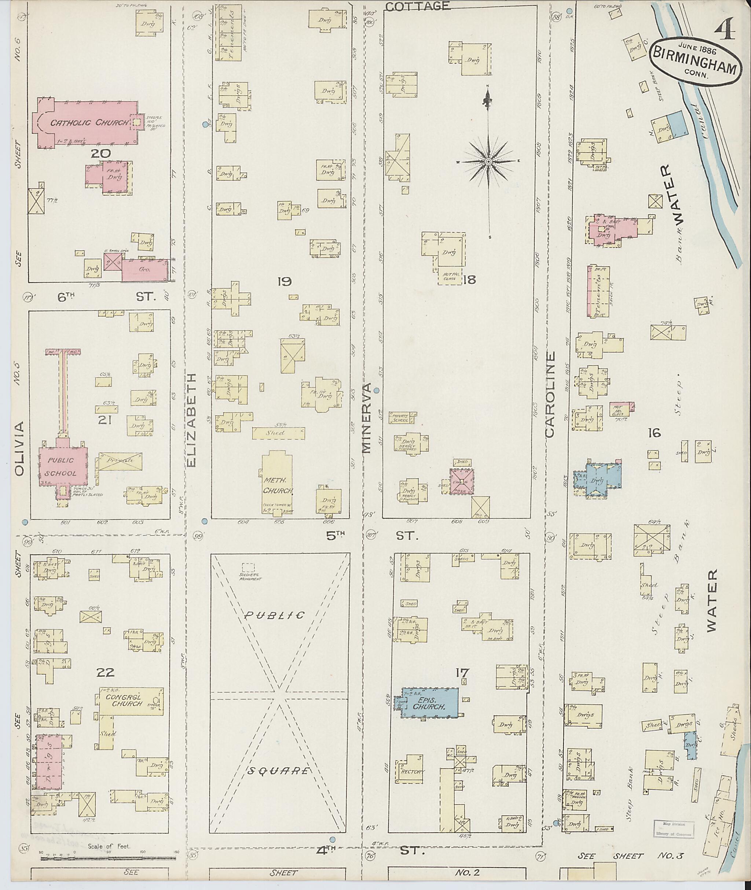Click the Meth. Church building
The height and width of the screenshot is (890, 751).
click(x=277, y=485)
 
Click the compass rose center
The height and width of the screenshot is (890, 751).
click(x=489, y=162)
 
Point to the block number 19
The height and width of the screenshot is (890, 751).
click(x=283, y=281)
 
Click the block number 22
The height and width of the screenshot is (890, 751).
click(x=105, y=673)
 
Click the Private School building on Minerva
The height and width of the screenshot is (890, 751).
click(x=400, y=418)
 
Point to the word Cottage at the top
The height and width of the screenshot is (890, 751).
click(x=417, y=6)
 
